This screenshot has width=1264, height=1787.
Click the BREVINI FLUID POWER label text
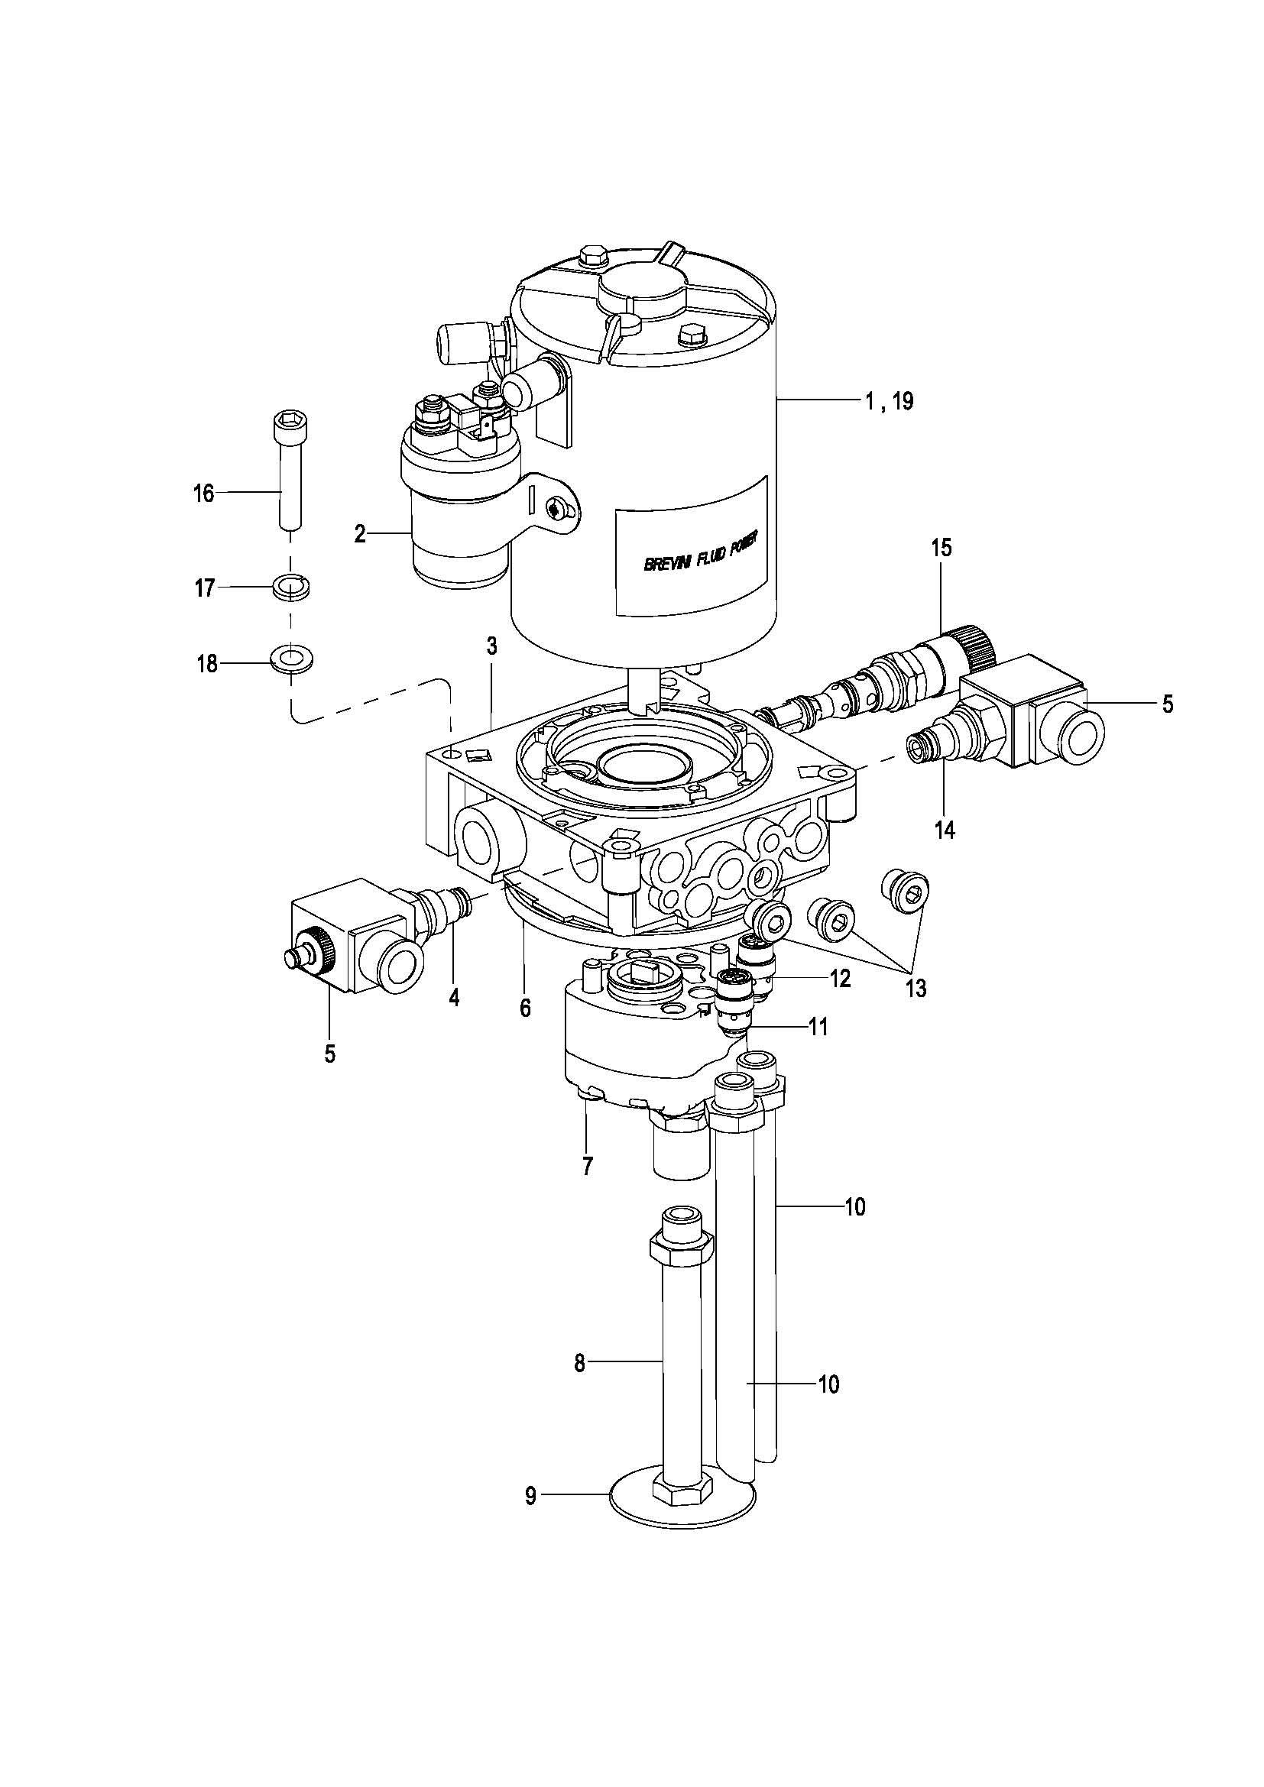coord(702,552)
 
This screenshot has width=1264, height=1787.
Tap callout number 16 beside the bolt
coord(203,494)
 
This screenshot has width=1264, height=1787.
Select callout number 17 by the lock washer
coord(204,588)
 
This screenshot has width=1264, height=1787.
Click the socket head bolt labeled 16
coord(289,471)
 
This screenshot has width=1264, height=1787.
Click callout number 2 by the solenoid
coord(360,534)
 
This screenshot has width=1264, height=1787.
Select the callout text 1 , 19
coord(888,403)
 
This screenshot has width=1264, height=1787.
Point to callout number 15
coord(941,548)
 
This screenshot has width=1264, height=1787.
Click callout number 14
coord(944,831)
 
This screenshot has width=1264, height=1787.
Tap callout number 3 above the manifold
coord(491,646)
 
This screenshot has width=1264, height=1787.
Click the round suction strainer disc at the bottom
coord(682,1513)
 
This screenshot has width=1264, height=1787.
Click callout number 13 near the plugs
coord(916,989)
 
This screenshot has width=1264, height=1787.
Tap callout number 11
coord(817,1028)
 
